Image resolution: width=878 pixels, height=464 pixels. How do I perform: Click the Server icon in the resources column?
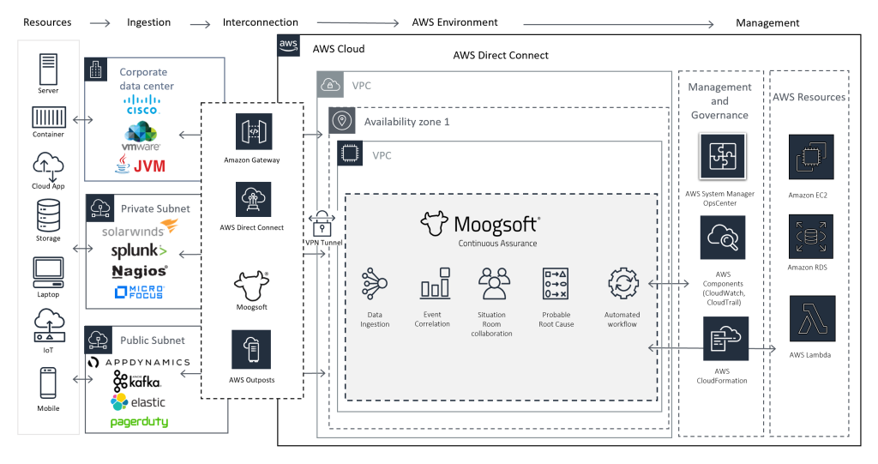(48, 69)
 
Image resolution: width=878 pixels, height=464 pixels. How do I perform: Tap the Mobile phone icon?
(48, 383)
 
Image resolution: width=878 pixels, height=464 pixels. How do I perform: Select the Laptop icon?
(48, 272)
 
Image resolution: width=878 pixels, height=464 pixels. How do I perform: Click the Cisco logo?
(142, 107)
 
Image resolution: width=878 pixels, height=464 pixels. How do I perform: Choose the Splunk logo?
(139, 251)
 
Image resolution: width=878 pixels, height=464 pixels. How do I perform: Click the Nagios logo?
(140, 272)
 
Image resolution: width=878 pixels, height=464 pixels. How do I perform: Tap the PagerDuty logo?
(139, 422)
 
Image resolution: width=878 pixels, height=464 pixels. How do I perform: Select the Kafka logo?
(137, 382)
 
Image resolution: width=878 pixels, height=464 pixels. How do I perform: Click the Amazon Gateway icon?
(253, 131)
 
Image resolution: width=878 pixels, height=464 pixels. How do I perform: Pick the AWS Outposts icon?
(251, 348)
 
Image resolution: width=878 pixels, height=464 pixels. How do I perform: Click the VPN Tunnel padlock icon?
(322, 223)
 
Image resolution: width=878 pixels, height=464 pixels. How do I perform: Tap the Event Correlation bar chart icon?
(434, 283)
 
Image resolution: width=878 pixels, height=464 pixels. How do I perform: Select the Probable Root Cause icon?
(556, 283)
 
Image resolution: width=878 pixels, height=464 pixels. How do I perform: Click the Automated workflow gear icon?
(622, 284)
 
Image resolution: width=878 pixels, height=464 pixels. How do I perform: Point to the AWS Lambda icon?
(810, 320)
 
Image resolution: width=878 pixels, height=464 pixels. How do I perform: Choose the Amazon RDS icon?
(810, 237)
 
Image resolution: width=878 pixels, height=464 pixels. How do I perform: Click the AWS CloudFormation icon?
(725, 340)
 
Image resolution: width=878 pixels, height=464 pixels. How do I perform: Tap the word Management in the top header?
(767, 22)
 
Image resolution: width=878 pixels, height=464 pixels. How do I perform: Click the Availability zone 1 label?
(406, 122)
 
